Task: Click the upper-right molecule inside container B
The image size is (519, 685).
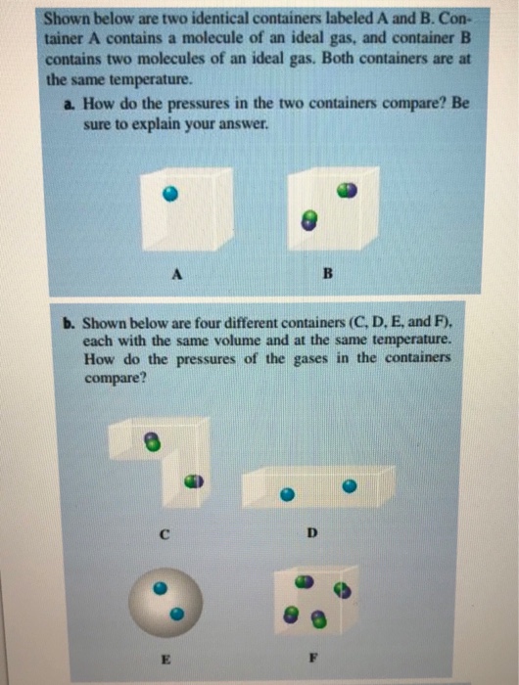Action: point(346,191)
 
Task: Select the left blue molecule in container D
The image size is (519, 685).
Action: point(287,495)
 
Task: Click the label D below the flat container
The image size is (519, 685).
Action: point(312,532)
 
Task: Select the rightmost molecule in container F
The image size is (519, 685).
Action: point(341,590)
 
